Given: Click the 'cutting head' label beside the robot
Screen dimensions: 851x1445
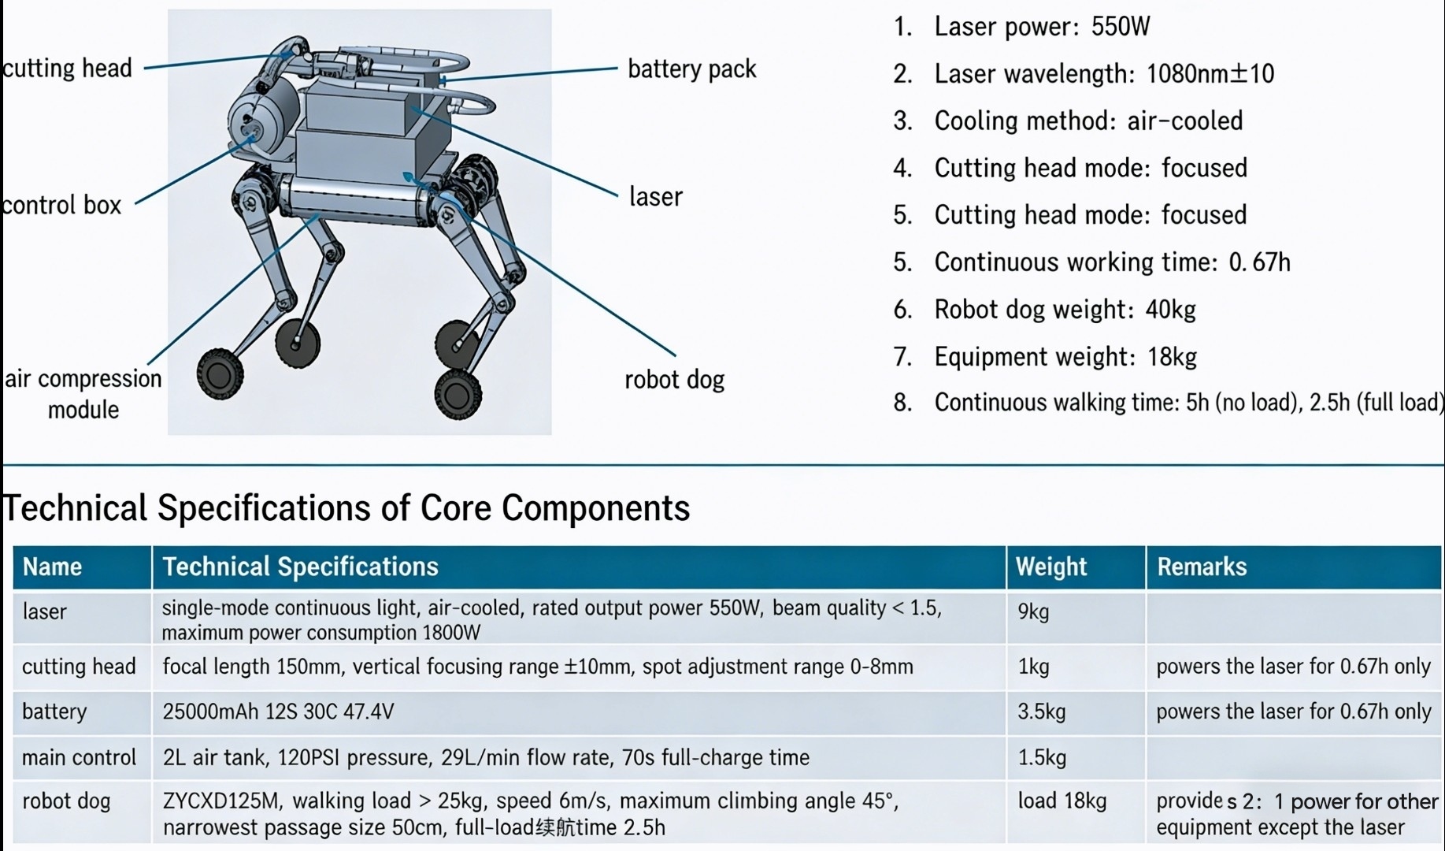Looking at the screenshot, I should [68, 69].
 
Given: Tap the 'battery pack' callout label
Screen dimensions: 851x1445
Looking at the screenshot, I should [691, 69].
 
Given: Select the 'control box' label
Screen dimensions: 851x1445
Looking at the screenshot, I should [61, 205].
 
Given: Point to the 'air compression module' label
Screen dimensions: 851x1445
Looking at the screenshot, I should [83, 393].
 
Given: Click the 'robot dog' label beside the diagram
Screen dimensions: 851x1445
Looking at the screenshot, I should [674, 380].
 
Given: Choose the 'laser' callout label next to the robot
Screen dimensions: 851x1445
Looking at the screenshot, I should [655, 196].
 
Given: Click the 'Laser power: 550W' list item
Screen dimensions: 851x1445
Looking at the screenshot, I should [1041, 27].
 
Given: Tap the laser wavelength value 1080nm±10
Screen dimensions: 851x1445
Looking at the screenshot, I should [1210, 74].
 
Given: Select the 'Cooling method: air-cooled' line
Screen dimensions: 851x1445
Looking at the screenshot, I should [1087, 121].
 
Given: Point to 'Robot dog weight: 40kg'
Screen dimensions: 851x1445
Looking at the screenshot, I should [1064, 310].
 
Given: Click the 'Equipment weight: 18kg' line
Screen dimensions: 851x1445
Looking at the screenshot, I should [1065, 357].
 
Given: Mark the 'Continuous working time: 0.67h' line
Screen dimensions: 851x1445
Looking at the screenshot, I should [1111, 262].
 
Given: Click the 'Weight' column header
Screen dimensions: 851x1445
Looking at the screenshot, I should [1050, 567].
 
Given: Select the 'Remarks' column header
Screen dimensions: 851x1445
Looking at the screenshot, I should [1201, 567].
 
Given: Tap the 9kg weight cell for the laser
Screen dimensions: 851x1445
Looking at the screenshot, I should [1033, 611].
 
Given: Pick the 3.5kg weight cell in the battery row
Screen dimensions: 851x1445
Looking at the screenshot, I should [1041, 712].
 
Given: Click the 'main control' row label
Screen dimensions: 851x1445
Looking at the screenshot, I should [79, 757].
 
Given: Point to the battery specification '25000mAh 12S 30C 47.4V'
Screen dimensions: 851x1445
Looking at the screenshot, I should [278, 712].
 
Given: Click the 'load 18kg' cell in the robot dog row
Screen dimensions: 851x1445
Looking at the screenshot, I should [1062, 801].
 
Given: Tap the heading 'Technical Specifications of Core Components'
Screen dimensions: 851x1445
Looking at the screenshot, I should [346, 508].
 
